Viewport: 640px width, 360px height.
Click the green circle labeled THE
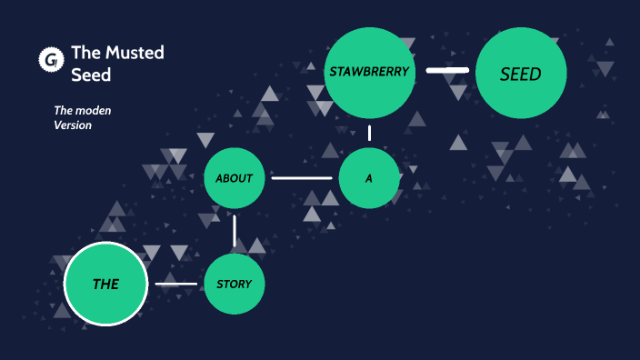105,284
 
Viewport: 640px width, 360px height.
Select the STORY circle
234,284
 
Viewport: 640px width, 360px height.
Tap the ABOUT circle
234,178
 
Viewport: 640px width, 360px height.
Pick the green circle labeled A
369,178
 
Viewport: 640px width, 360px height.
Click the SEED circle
521,74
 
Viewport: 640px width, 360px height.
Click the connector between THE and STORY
175,285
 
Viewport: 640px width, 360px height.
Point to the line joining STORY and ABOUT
235,231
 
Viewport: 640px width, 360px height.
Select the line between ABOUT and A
302,178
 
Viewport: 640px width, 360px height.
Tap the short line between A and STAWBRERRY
370,133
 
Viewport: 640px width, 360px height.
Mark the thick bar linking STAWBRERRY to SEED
447,70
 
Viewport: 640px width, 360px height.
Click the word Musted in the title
132,53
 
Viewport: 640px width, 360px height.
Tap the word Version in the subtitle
73,125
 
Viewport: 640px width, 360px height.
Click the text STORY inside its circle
234,284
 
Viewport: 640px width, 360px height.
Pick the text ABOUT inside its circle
234,178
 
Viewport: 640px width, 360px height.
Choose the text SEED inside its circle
521,75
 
